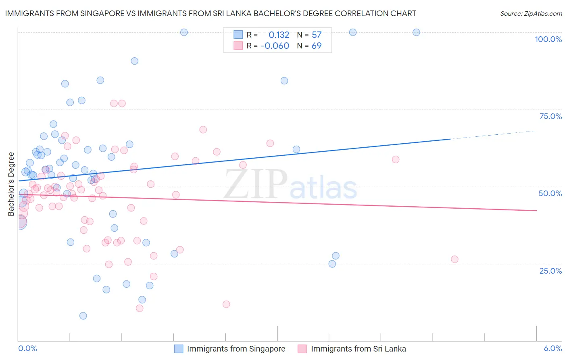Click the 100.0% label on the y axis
[x=548, y=39]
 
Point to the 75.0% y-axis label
[x=550, y=116]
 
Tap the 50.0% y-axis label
[x=550, y=193]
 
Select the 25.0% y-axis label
[x=550, y=271]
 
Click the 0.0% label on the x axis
[x=27, y=348]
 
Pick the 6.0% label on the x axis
[x=552, y=348]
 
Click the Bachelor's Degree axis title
[x=11, y=184]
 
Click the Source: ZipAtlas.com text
[x=531, y=13]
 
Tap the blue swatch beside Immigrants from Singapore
[x=179, y=349]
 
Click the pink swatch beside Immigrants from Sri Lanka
[x=302, y=349]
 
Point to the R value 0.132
[x=279, y=35]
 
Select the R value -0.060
[x=275, y=46]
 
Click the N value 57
[x=317, y=35]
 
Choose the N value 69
[x=317, y=46]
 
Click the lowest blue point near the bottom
[x=83, y=316]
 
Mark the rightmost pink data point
[x=454, y=260]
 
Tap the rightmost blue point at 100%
[x=416, y=32]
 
